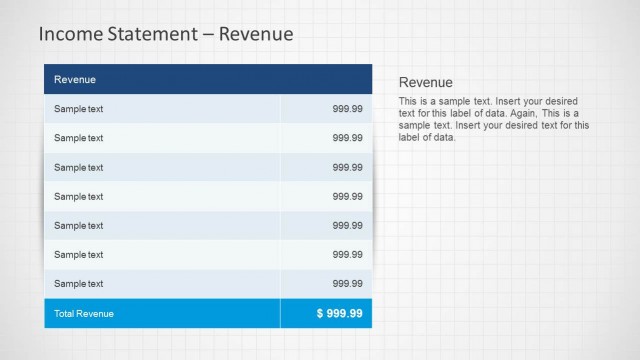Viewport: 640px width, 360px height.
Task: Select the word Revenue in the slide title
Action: coord(257,34)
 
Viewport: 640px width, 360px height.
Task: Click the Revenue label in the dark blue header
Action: coord(75,79)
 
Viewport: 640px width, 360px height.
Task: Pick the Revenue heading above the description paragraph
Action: coord(426,82)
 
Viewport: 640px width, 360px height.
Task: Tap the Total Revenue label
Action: coord(84,313)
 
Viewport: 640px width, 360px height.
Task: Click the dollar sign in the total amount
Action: coord(320,313)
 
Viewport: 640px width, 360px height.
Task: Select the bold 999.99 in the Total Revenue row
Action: coord(345,313)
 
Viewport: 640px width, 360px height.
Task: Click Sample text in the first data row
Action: coord(79,108)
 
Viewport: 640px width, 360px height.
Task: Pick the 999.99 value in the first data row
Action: coord(348,108)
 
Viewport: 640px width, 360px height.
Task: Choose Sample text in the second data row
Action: coord(79,138)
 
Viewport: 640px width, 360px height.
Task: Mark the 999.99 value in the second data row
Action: coord(348,138)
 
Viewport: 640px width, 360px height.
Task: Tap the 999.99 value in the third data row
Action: coord(348,167)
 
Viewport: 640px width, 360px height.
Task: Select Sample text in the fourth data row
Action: coord(79,196)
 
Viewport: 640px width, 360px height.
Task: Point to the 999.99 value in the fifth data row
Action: coord(348,225)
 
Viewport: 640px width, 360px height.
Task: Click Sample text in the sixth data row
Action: coord(79,254)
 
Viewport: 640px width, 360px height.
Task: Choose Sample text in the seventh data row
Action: coord(79,283)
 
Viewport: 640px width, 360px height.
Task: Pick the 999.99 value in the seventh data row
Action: coord(348,283)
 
